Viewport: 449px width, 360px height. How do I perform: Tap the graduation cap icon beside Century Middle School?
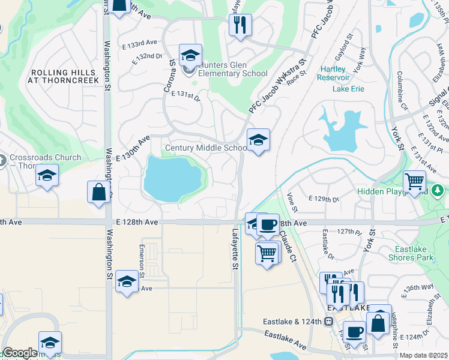tap(259, 140)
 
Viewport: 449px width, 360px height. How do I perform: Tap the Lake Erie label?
tap(349, 89)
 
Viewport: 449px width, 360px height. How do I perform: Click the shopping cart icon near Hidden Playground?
tap(415, 181)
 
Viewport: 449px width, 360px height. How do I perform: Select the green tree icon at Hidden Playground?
tap(438, 191)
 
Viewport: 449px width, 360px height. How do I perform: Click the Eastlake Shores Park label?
tap(414, 253)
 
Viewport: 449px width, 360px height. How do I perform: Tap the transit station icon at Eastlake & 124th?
tap(328, 321)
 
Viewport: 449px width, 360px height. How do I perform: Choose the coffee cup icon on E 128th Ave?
tap(268, 225)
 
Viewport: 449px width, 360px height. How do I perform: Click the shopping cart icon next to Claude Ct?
tap(267, 252)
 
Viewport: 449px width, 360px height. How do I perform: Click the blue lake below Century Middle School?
tap(172, 178)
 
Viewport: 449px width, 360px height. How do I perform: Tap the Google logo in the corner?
tap(20, 353)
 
